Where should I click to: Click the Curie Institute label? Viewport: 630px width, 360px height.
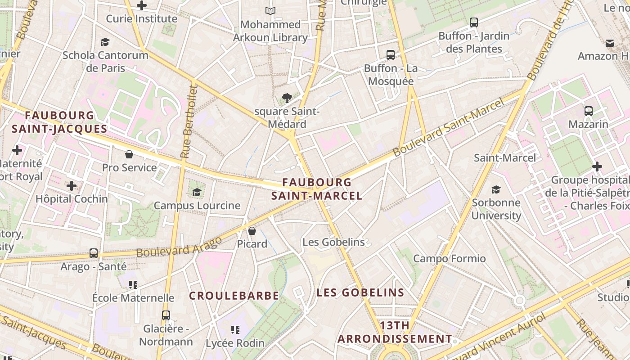pos(141,19)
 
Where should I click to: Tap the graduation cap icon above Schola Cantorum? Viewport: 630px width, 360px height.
pos(105,42)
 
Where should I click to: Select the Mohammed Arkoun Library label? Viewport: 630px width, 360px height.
pos(270,31)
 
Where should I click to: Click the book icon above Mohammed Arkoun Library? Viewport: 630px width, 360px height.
pos(270,11)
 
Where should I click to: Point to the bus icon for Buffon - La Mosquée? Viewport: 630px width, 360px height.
pos(391,55)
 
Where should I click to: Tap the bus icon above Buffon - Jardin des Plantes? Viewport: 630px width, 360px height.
pos(473,22)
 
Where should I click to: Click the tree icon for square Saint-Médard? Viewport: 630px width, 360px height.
pos(287,98)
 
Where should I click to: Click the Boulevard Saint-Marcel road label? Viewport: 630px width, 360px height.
pos(448,128)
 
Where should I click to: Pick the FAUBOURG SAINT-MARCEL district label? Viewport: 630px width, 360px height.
pos(317,189)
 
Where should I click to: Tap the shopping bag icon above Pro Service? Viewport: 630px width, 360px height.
pos(129,154)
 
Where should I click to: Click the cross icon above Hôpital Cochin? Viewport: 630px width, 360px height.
pos(72,185)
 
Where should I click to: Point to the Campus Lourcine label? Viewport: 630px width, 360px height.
pos(197,206)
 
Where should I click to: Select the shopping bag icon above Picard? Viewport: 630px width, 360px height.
pos(252,231)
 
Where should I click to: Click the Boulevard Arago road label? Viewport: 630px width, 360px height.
pos(179,247)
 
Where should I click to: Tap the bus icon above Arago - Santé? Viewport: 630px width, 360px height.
pos(94,253)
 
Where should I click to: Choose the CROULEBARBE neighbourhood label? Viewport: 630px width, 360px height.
pos(234,296)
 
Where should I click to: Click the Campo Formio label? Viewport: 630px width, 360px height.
pos(450,259)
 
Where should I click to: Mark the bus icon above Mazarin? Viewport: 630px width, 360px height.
pos(588,111)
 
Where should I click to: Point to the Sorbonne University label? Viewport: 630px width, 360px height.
pos(496,209)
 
